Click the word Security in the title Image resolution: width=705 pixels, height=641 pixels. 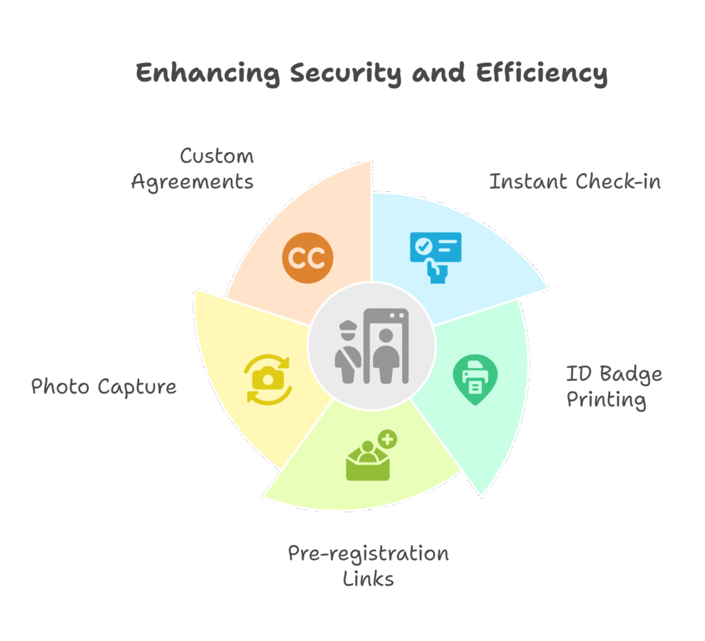click(x=346, y=73)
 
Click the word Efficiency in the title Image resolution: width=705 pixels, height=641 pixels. click(x=541, y=73)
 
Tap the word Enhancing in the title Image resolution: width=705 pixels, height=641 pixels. click(x=208, y=73)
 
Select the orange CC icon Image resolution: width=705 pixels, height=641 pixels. click(x=308, y=258)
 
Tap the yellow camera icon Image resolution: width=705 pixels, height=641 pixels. click(x=268, y=380)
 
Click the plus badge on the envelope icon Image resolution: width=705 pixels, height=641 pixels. click(x=388, y=439)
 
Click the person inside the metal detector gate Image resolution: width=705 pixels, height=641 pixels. click(x=386, y=355)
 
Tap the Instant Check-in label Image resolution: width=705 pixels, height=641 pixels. click(x=575, y=182)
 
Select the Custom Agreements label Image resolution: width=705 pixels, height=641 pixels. click(x=193, y=169)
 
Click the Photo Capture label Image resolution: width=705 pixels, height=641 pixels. click(x=104, y=387)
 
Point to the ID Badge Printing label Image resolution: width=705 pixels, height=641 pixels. click(x=613, y=387)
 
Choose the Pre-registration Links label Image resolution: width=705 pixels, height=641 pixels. click(x=368, y=566)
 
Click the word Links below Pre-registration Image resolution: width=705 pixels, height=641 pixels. click(x=368, y=579)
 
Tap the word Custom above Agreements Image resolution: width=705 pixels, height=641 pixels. click(x=217, y=156)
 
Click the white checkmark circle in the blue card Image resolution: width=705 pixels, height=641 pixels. click(x=423, y=246)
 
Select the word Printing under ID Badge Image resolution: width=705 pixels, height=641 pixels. click(x=606, y=400)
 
